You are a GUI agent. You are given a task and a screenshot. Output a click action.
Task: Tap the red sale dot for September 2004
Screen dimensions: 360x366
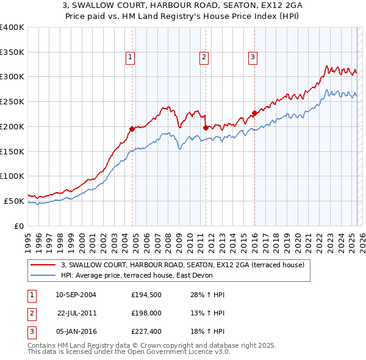coord(132,129)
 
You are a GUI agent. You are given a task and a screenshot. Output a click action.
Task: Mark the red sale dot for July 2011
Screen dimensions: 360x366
coord(206,128)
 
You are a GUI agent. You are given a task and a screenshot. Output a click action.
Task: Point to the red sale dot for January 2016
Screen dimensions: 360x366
coord(254,113)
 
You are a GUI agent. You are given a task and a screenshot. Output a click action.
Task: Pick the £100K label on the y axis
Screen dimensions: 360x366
coord(12,176)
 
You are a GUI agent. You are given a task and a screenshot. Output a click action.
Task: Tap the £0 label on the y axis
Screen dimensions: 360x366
coord(20,226)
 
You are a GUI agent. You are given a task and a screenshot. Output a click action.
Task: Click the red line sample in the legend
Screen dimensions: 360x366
coord(43,265)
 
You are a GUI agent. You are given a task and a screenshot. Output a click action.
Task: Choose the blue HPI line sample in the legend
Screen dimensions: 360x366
coord(43,275)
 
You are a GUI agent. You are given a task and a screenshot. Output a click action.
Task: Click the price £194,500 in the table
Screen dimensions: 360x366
coord(146,295)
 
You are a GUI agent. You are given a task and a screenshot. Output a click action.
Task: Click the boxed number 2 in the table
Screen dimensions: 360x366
coord(31,314)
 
